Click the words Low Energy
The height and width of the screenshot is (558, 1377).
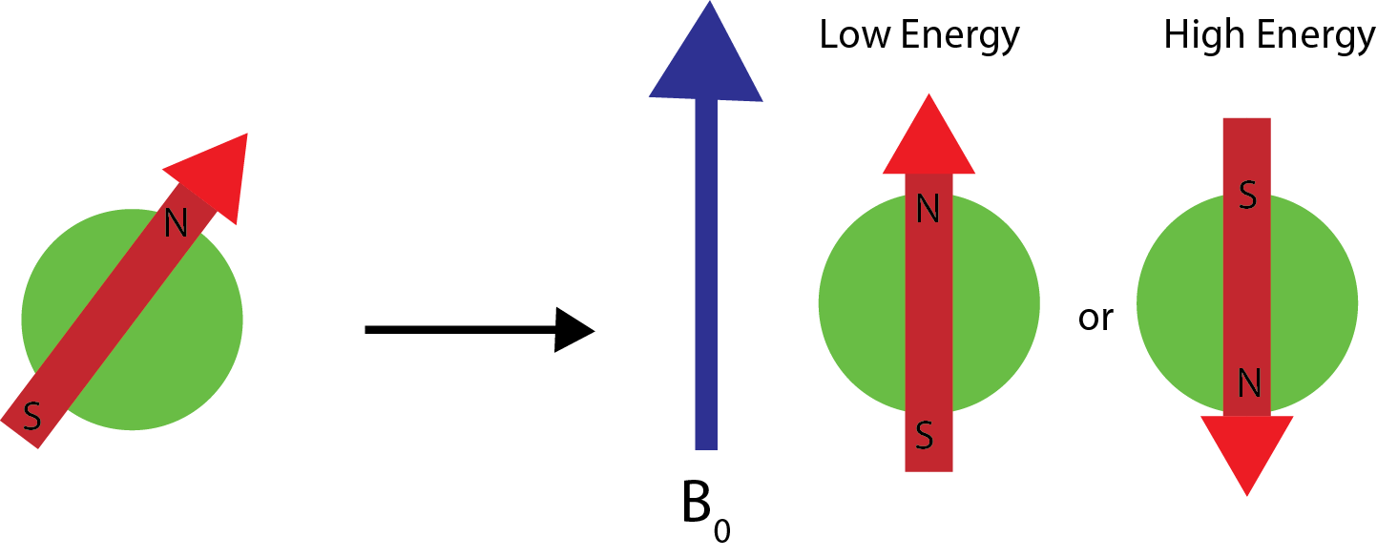pos(919,36)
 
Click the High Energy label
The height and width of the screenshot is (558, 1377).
pos(1268,36)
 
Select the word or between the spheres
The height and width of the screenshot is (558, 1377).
pos(1095,318)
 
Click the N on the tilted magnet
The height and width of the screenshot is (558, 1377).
pos(176,223)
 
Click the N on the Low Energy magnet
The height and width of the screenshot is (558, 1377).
pos(928,209)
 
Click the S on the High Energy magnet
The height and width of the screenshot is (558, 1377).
pos(1246,196)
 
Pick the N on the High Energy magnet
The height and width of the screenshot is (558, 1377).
pos(1247,383)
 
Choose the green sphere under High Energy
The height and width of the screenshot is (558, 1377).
pos(1179,305)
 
